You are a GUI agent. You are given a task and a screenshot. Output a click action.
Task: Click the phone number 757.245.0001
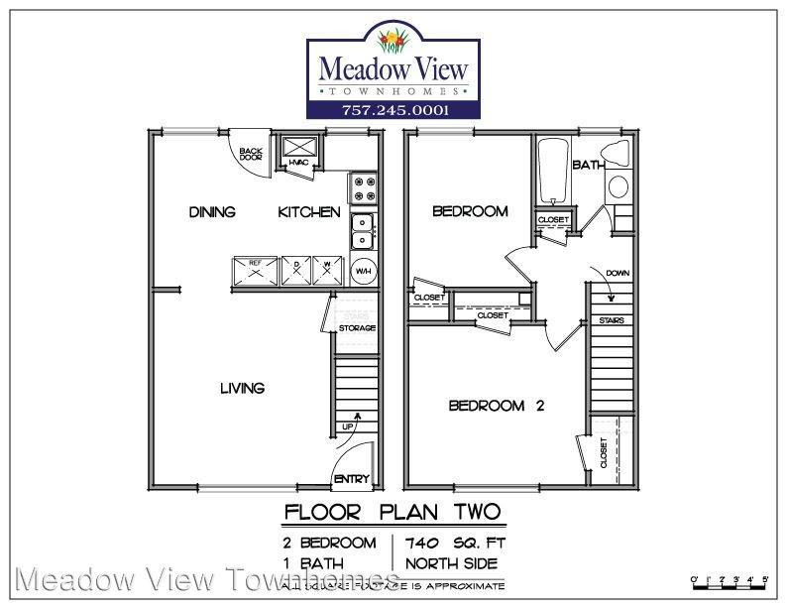click(x=393, y=110)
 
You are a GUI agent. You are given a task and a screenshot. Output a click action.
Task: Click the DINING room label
click(x=212, y=212)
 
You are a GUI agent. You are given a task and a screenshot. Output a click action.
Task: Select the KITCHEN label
click(x=308, y=212)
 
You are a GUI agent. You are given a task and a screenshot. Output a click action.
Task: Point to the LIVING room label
click(x=242, y=388)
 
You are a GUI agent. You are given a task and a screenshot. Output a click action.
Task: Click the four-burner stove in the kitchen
click(x=361, y=187)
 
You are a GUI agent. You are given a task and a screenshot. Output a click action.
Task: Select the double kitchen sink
click(x=362, y=231)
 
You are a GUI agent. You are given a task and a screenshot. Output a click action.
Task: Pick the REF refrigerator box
click(x=255, y=271)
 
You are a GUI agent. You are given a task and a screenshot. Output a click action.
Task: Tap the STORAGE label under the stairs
click(x=357, y=328)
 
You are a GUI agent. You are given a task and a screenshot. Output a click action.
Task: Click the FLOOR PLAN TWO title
click(x=393, y=513)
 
